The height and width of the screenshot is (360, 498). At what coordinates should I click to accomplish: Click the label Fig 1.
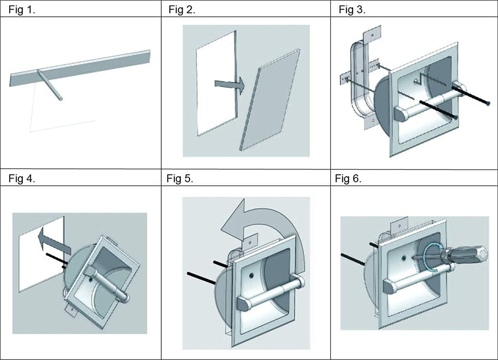22,10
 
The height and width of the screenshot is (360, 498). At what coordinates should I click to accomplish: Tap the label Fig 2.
182,10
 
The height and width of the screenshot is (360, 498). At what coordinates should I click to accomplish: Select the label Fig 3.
352,10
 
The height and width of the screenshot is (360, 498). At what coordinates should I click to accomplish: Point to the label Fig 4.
22,179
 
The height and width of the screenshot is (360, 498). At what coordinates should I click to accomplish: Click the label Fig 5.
180,179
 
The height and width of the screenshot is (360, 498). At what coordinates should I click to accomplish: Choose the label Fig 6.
348,179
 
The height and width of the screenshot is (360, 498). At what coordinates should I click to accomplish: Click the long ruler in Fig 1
80,68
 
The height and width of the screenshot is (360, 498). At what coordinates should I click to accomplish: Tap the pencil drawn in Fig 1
50,85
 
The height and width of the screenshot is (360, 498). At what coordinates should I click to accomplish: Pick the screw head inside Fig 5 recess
251,275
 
